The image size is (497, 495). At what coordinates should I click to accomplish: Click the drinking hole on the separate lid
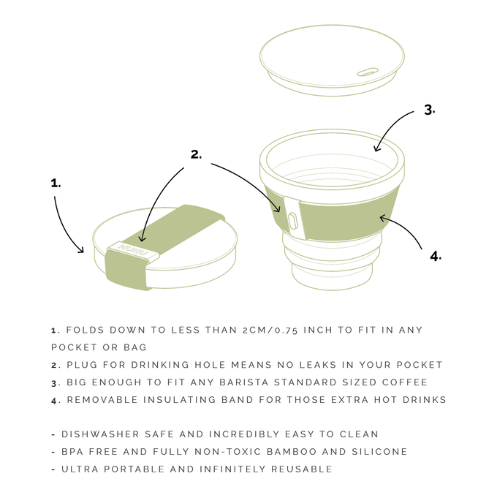coord(368,72)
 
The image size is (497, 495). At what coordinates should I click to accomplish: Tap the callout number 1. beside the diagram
coord(56,183)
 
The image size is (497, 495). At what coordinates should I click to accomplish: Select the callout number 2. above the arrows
coord(196,154)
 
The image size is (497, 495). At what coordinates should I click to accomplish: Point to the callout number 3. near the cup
coord(430,110)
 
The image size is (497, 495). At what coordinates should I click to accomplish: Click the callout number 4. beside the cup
coord(436,256)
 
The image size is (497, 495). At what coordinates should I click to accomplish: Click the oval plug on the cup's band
coord(292,221)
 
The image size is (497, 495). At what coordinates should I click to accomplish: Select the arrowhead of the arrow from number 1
coord(82,251)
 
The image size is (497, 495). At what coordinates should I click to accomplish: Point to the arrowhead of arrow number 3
coord(376,148)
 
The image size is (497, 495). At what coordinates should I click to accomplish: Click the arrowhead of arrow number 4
coord(382,218)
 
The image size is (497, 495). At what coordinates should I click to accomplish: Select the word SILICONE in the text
coord(379,452)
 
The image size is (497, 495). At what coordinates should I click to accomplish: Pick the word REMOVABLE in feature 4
coord(102,399)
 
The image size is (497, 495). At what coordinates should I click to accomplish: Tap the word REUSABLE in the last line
coord(302,469)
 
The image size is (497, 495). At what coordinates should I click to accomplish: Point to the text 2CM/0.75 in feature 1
coord(270,330)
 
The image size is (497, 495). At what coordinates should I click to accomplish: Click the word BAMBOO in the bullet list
coord(292,452)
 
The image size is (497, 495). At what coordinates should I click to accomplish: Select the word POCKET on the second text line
coord(74,347)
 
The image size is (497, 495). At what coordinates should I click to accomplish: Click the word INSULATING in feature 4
coord(179,399)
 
